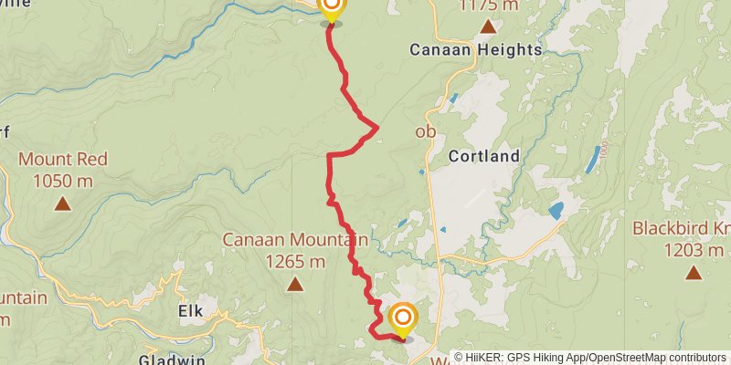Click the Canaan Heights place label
click(x=475, y=49)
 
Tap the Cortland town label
click(x=483, y=156)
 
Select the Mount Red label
click(x=63, y=160)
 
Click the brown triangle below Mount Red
click(x=63, y=203)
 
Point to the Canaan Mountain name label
click(x=295, y=240)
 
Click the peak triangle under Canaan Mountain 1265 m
click(x=295, y=285)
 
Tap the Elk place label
click(x=190, y=311)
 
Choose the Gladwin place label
click(x=170, y=359)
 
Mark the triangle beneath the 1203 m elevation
click(x=694, y=272)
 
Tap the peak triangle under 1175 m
click(x=487, y=26)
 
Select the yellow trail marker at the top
click(x=331, y=8)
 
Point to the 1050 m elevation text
click(x=63, y=181)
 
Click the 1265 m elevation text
click(x=295, y=262)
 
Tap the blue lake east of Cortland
click(x=556, y=211)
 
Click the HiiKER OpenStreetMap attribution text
click(x=590, y=358)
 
